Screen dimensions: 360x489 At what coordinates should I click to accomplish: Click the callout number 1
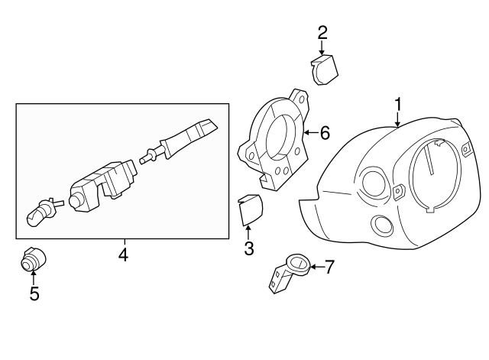(x=397, y=104)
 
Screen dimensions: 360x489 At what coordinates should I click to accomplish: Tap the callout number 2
(x=322, y=32)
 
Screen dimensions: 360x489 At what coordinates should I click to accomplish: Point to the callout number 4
(x=123, y=254)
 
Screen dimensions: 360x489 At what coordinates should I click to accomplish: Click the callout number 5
(x=34, y=293)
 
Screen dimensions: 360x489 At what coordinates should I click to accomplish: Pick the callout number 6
(x=325, y=134)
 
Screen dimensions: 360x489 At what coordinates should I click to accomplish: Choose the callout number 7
(x=329, y=267)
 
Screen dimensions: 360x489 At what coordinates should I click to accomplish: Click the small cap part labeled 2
(x=327, y=70)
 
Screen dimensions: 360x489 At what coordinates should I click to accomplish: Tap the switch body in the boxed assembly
(x=103, y=183)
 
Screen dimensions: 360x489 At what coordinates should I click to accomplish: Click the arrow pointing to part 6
(x=309, y=134)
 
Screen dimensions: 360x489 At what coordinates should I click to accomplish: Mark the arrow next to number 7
(x=315, y=267)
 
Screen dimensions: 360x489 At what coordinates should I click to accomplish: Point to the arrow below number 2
(x=322, y=47)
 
